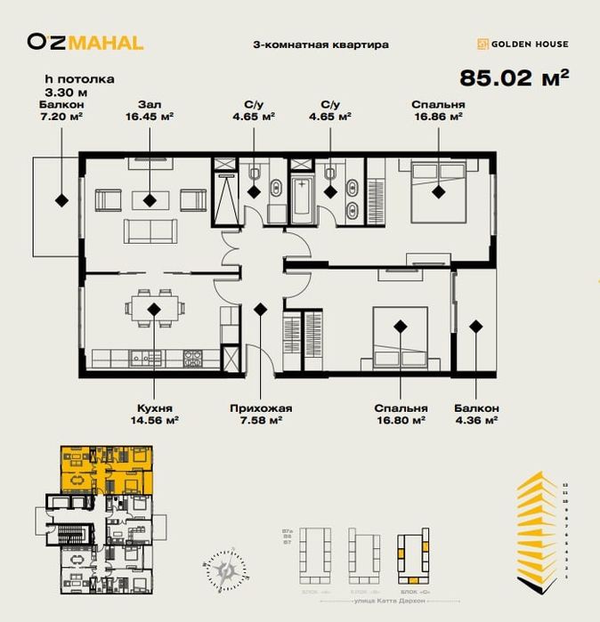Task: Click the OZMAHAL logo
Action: click(x=85, y=41)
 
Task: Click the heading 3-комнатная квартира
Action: click(x=321, y=44)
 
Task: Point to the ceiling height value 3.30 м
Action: click(x=66, y=91)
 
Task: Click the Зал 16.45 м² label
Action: click(x=150, y=109)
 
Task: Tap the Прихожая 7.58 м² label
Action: click(x=261, y=414)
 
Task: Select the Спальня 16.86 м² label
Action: click(x=438, y=109)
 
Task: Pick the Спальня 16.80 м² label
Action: click(x=401, y=414)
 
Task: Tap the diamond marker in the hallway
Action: click(x=261, y=309)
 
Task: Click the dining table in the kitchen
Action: click(x=155, y=308)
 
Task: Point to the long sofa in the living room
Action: click(x=150, y=231)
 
